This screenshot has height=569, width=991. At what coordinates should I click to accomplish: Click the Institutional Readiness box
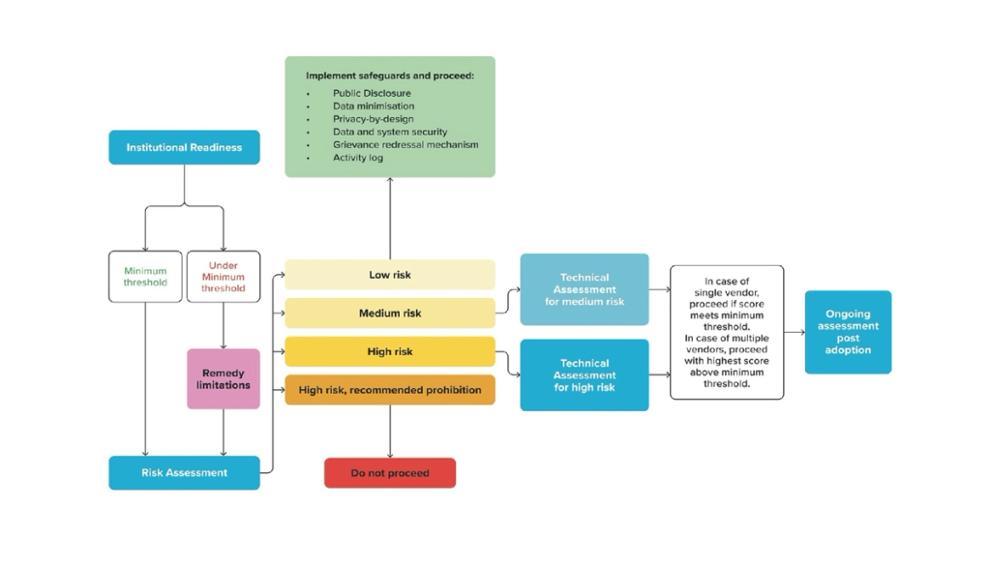click(184, 147)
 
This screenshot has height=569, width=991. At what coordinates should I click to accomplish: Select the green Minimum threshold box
click(145, 277)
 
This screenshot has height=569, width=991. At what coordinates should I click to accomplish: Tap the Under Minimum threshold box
click(223, 277)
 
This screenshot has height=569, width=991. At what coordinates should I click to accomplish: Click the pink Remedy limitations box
click(223, 378)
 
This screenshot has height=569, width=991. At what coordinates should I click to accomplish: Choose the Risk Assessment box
click(184, 472)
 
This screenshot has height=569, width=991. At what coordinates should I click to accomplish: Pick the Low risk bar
click(389, 275)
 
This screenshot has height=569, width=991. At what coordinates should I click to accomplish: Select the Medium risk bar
click(389, 314)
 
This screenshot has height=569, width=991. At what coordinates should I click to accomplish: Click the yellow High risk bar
click(389, 351)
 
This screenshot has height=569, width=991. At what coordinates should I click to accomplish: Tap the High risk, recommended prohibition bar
click(389, 390)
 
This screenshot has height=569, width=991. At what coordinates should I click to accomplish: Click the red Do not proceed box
click(389, 473)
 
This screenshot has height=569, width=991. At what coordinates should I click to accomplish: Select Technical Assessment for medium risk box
click(585, 289)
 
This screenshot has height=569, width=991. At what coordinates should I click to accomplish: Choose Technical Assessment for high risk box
click(585, 375)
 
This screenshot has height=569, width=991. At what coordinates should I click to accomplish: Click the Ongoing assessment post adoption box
click(848, 332)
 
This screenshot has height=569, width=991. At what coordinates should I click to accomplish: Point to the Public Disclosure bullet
click(372, 94)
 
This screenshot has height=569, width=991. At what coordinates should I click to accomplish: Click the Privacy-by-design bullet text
click(373, 119)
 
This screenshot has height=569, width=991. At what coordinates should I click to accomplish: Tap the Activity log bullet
click(358, 157)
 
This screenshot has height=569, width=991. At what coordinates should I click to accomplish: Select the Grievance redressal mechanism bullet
click(405, 144)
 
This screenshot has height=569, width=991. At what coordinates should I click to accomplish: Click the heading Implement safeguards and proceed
click(390, 75)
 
